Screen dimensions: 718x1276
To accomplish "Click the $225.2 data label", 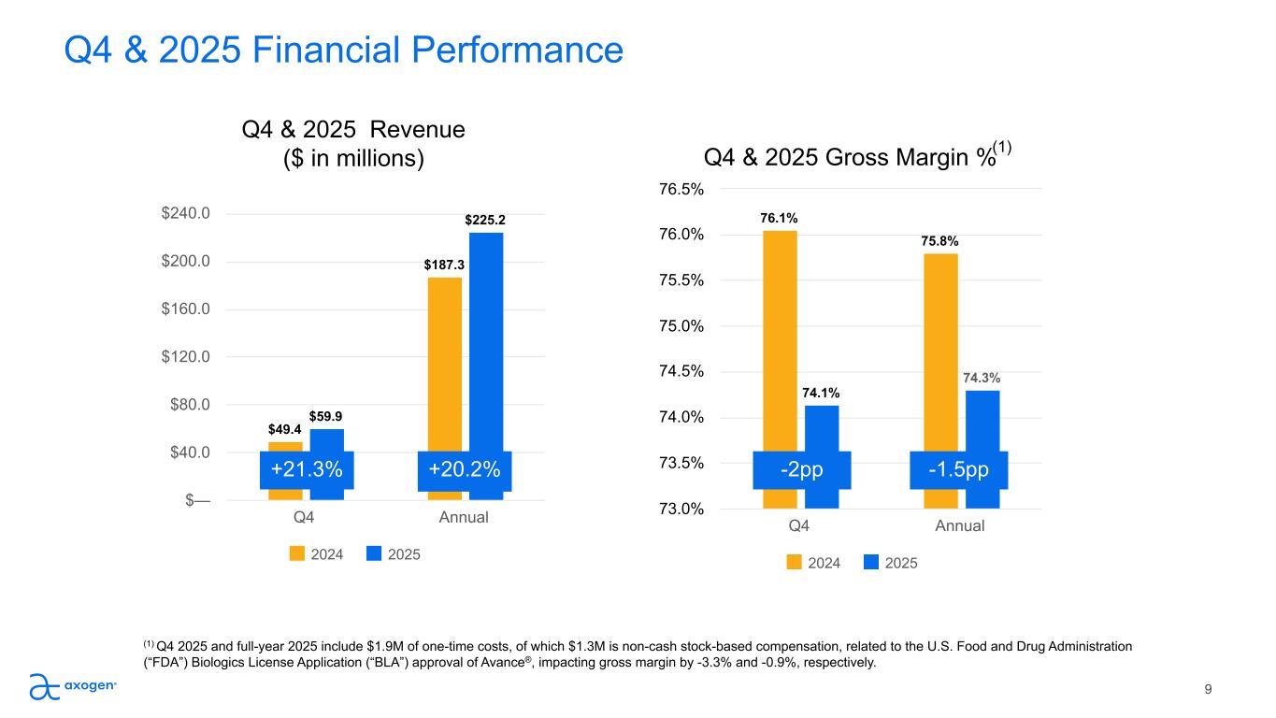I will coord(485,220).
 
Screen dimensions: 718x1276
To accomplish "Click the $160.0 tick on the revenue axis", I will coord(184,309).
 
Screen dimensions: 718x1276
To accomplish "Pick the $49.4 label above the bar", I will coord(284,429).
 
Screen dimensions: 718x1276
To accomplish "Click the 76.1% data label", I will coord(779,218).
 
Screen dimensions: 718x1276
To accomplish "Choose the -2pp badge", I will coord(802,469).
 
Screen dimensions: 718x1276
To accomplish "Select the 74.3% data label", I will coord(982,378).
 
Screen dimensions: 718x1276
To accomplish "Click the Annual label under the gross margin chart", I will coord(960,526).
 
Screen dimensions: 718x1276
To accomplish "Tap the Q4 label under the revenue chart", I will coord(305,517).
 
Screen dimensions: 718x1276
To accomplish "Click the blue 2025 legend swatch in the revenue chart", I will coord(374,554).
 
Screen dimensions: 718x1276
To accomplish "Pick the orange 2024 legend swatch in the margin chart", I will coord(795,563).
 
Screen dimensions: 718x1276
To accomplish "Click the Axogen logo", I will coord(72,687).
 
